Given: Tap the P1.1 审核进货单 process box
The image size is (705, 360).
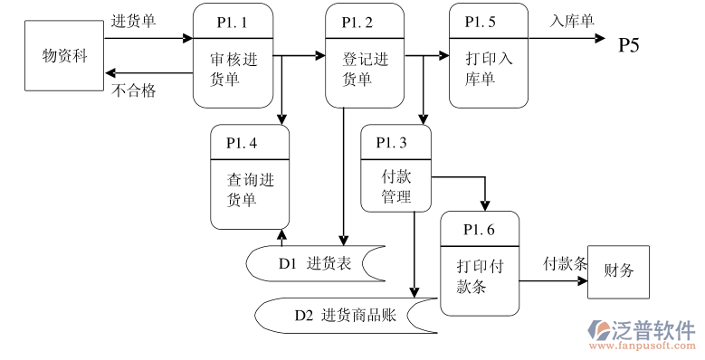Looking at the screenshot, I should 233,56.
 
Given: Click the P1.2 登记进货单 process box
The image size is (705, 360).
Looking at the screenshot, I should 365,56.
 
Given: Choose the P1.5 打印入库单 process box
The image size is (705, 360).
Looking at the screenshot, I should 488,56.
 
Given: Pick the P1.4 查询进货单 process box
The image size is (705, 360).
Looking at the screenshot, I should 250,177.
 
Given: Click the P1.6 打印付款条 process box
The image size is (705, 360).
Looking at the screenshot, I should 480,263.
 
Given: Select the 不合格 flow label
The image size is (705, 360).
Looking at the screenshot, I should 134,90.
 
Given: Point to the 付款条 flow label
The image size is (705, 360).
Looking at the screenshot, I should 565,264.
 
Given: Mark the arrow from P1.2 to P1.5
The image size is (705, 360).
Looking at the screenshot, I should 427,56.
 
